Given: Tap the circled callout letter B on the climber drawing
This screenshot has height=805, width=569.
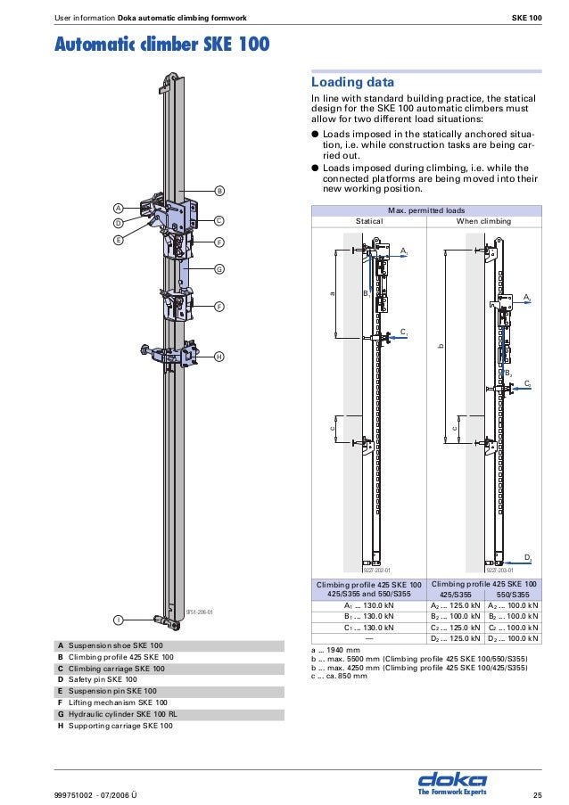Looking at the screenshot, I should point(219,191).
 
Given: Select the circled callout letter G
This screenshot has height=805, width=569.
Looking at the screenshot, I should point(219,268).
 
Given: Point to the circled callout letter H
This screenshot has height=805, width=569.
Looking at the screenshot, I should point(219,357).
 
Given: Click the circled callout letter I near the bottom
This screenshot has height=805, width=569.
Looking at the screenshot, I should point(118,619).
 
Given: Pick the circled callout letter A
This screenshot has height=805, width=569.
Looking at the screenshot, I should point(118,208).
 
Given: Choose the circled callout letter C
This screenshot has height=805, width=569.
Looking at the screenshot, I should point(219,220).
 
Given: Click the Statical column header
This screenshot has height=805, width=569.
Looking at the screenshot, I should point(369,220).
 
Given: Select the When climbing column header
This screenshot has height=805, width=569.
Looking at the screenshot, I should point(483,220).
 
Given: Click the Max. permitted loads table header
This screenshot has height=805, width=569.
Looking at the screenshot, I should point(425,209).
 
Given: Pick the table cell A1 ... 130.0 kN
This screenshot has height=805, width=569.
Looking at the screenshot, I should point(369,604).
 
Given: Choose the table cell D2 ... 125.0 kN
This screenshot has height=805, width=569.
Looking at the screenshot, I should point(456,638).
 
